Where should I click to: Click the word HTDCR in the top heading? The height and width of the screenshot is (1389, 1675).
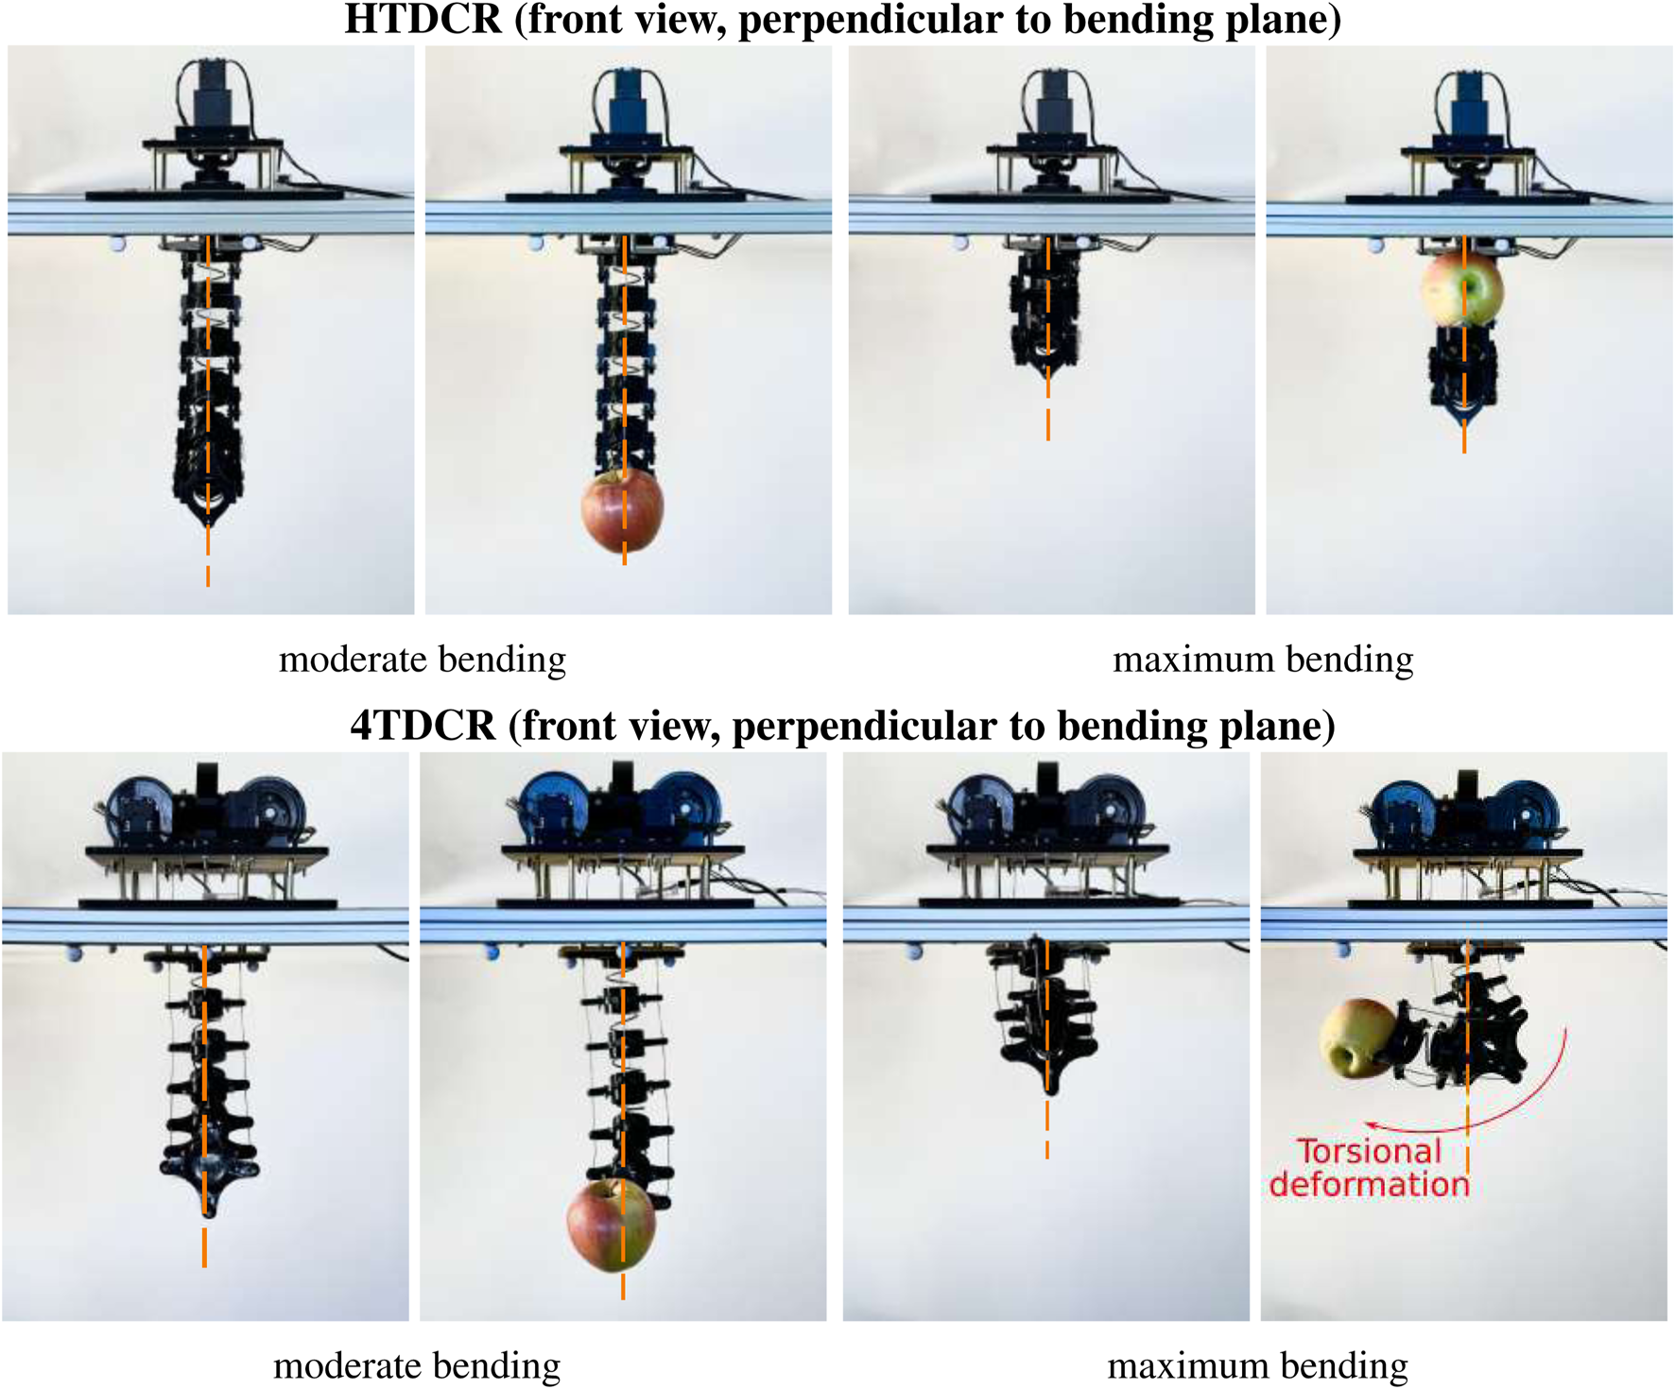[x=423, y=19]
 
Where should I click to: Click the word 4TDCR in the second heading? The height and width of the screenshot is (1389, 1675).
[x=423, y=726]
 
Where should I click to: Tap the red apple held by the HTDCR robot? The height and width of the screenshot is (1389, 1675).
[x=622, y=511]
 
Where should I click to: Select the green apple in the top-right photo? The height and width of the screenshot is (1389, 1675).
[x=1461, y=289]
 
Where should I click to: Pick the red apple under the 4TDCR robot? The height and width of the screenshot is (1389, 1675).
[x=611, y=1226]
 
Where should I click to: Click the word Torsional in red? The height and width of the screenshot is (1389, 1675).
[x=1369, y=1152]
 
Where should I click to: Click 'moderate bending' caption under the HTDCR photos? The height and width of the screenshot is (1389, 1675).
[x=423, y=660]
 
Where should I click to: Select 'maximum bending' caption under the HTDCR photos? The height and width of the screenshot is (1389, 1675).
[x=1263, y=660]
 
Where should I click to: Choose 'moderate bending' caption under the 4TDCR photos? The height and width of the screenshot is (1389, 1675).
[x=417, y=1366]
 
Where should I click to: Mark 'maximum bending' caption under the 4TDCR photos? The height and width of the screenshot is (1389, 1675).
[x=1257, y=1366]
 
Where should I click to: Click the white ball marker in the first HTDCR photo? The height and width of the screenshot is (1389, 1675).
[x=117, y=244]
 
